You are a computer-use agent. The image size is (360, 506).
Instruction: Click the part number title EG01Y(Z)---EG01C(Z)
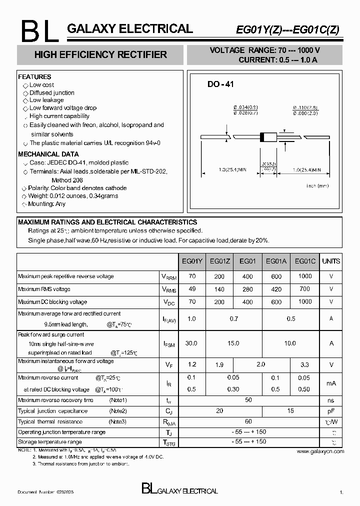tap(287, 30)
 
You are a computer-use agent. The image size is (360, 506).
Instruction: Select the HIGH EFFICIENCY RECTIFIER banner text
tap(100, 55)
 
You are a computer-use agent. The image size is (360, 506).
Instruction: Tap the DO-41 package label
tap(220, 84)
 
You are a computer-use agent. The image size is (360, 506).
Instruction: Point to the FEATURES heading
tap(34, 77)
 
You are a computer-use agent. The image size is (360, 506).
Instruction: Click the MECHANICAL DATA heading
tap(48, 154)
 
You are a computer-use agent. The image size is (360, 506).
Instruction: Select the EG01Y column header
tap(191, 261)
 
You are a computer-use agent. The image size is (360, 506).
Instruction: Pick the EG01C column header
tap(305, 261)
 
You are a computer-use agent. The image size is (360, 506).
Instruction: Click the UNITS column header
tap(331, 261)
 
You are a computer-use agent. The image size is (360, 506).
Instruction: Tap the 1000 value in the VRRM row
tap(304, 276)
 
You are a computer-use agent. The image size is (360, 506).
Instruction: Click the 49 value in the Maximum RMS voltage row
tap(191, 289)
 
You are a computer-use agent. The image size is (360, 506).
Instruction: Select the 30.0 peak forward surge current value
tap(191, 343)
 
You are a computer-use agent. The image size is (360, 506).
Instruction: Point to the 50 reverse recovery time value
tap(248, 400)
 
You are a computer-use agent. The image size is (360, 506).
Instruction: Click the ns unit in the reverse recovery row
tap(331, 400)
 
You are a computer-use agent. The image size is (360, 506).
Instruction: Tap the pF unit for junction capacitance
tap(331, 411)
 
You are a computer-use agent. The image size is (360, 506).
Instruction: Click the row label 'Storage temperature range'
tap(50, 442)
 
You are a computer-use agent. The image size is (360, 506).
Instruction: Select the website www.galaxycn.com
tap(320, 451)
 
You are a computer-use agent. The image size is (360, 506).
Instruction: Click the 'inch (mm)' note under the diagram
tap(317, 185)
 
